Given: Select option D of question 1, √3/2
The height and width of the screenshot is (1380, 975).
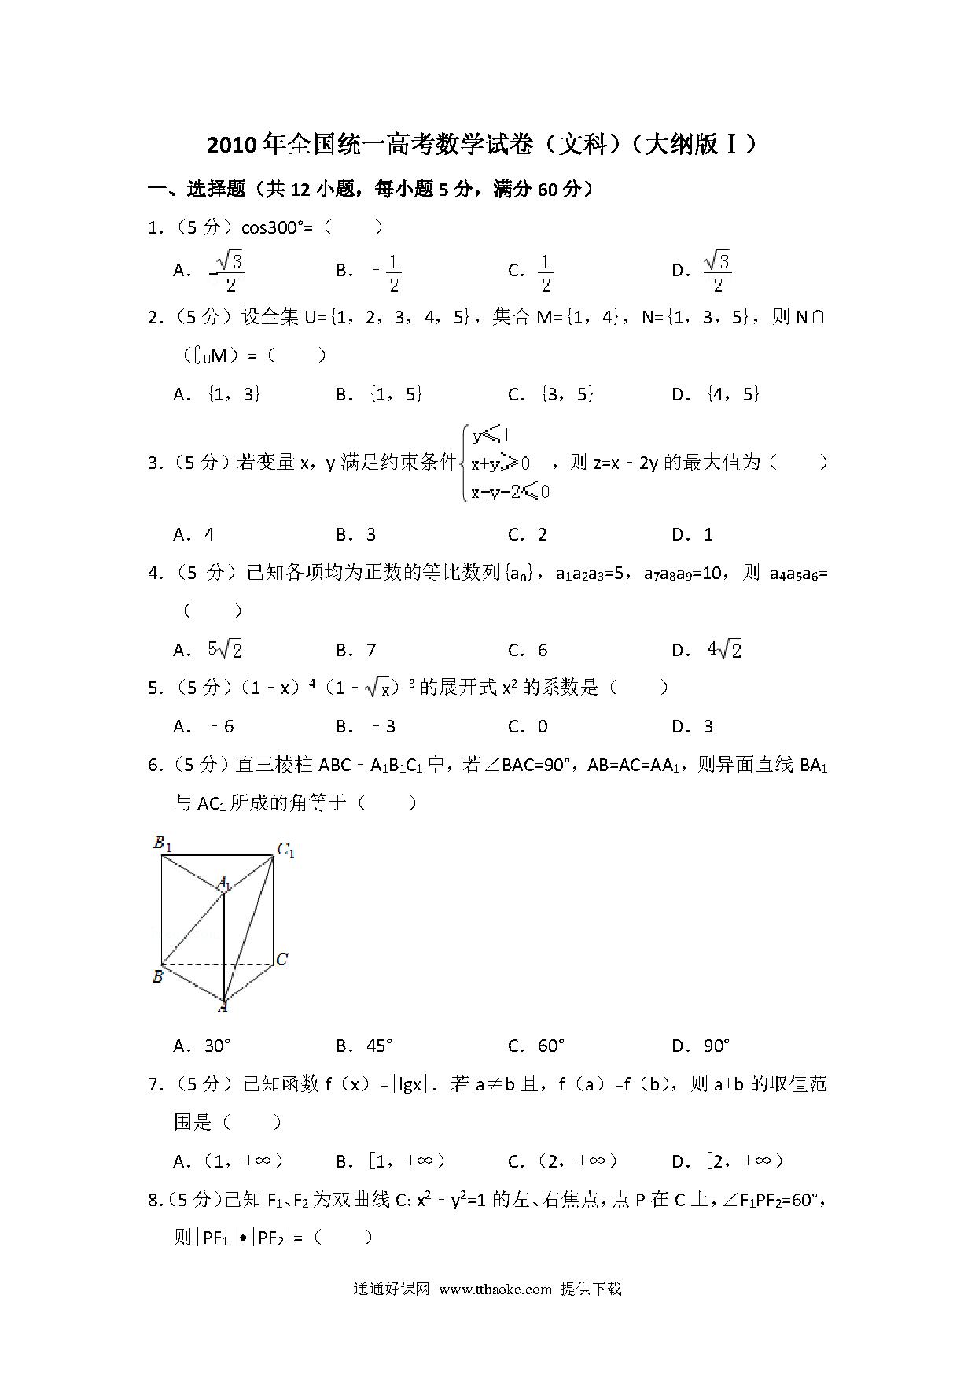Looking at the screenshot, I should [x=716, y=271].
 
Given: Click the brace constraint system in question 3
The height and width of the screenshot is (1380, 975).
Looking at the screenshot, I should [x=507, y=463].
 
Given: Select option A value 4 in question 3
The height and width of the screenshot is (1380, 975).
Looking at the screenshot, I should [x=209, y=535].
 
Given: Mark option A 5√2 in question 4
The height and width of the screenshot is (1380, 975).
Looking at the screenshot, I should [x=224, y=650].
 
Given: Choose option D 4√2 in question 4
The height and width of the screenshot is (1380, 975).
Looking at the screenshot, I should [x=723, y=650].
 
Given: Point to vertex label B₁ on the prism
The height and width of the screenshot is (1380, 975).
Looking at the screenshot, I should [x=162, y=844].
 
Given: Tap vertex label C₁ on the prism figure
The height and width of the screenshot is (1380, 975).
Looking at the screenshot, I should [x=285, y=850].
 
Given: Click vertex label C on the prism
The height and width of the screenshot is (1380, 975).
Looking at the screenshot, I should [x=282, y=958].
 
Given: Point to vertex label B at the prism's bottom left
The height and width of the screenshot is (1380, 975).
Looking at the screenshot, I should [x=157, y=976].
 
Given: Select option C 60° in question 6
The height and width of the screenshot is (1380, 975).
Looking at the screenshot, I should [x=551, y=1046].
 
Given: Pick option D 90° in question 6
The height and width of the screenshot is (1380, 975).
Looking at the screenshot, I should [x=716, y=1046].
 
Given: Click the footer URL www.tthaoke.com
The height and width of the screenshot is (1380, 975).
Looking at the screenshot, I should [x=495, y=1289].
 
